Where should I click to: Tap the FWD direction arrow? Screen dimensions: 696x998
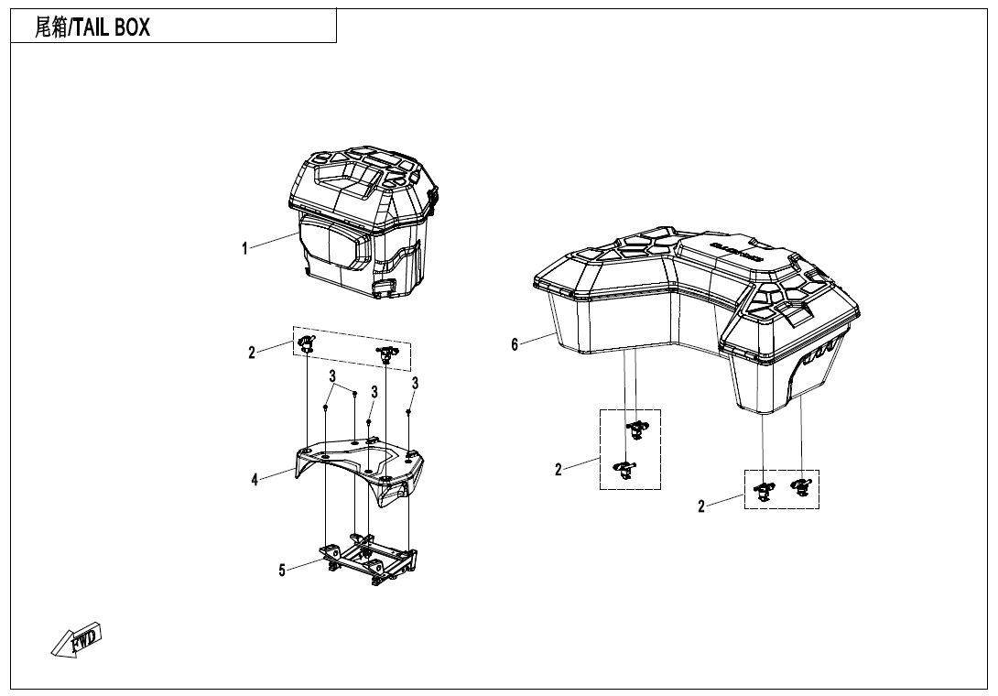pos(77,639)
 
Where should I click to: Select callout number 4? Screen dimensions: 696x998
pos(255,479)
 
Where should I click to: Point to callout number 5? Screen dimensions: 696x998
pos(282,571)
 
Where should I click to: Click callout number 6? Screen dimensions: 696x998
pos(515,344)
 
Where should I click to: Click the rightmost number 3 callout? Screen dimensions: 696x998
pos(415,383)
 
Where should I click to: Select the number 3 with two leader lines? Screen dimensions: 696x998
pos(332,376)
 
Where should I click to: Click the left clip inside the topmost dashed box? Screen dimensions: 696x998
pos(306,344)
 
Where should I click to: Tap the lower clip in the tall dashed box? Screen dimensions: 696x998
pos(624,469)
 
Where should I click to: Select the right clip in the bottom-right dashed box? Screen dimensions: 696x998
pos(801,487)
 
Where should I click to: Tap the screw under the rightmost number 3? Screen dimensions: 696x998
pos(408,412)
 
